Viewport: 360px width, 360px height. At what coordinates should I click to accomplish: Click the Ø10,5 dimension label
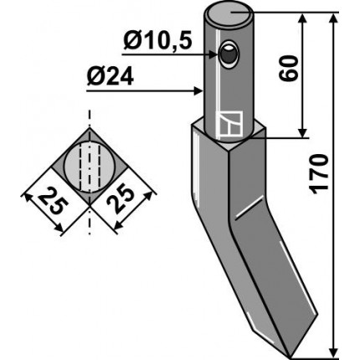(x=157, y=41)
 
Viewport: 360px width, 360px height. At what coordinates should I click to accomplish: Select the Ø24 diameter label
(x=110, y=77)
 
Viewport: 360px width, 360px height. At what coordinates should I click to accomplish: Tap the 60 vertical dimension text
(x=288, y=69)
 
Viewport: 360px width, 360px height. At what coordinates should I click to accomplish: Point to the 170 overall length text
(x=319, y=173)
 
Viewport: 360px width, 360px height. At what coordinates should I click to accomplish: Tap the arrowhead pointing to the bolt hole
(x=213, y=54)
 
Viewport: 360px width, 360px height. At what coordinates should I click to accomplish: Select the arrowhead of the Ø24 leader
(x=198, y=91)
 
